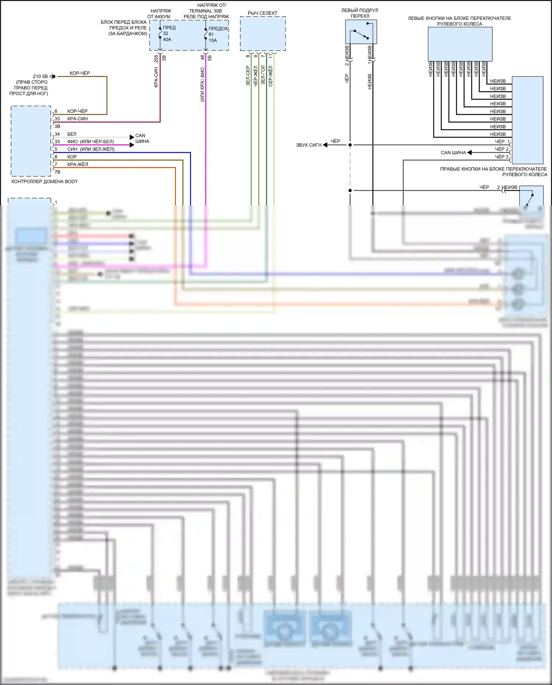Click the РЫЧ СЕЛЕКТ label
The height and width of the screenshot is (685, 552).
(x=262, y=13)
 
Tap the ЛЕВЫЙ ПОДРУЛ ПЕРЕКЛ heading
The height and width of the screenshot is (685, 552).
(x=360, y=13)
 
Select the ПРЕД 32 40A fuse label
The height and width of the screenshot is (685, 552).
(x=167, y=33)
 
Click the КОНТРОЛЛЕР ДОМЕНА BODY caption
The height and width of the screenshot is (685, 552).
(x=45, y=181)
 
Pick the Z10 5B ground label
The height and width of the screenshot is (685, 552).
(x=40, y=77)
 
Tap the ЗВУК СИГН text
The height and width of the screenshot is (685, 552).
(x=309, y=145)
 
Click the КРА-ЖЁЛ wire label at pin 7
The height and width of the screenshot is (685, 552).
(x=78, y=165)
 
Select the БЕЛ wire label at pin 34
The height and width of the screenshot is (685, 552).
(x=72, y=134)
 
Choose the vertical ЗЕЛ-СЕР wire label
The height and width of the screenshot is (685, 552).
(x=248, y=76)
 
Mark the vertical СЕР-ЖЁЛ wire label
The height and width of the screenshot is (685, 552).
(x=270, y=76)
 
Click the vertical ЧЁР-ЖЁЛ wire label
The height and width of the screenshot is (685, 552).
(x=255, y=76)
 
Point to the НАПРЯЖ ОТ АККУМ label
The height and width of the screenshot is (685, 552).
(x=160, y=14)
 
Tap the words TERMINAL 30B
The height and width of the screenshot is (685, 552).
(x=205, y=11)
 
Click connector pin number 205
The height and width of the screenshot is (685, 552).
(x=156, y=58)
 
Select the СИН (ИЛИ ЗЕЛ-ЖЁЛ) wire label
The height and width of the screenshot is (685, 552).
(x=91, y=149)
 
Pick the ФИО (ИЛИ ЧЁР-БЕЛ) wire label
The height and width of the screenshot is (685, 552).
(x=90, y=142)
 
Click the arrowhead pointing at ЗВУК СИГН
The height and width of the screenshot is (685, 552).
(x=325, y=145)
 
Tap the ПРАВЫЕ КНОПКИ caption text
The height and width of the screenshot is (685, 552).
(x=493, y=172)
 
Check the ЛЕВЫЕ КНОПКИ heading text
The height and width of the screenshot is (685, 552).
(x=459, y=21)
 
